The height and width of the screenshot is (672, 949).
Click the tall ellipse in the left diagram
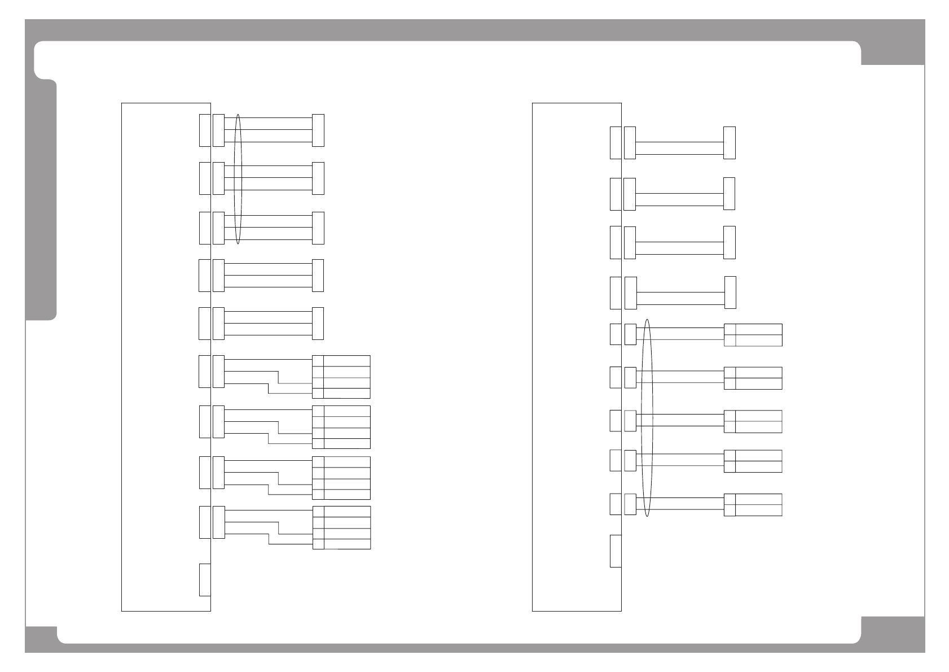[238, 179]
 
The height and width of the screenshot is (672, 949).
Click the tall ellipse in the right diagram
[647, 418]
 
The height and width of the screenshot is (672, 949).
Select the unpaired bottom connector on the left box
[205, 579]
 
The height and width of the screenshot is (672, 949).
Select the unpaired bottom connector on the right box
[616, 551]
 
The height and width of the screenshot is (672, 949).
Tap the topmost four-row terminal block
[341, 377]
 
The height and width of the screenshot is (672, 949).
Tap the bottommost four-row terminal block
[341, 527]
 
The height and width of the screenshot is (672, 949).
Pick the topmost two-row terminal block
[753, 335]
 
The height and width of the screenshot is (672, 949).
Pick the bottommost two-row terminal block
[753, 505]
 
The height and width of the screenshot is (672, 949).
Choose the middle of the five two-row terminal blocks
[753, 421]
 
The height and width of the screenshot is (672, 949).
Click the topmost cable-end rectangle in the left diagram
[318, 130]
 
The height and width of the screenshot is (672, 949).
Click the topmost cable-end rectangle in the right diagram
[730, 143]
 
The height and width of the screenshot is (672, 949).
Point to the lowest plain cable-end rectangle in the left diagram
[318, 324]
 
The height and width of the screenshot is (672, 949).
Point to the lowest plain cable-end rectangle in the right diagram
[730, 293]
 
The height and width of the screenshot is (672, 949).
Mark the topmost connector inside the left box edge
[205, 130]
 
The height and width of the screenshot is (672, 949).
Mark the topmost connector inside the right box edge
[616, 143]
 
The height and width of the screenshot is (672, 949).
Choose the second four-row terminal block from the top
[341, 427]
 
